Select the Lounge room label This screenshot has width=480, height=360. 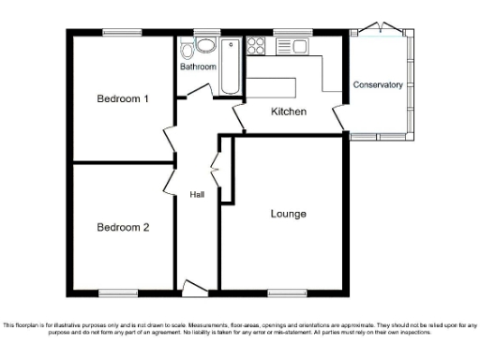coord(288,214)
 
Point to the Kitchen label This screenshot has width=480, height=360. coord(289,112)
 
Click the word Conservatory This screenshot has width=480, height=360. coord(378,85)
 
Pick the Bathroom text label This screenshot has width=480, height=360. coord(198,67)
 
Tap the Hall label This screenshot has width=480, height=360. coord(198,195)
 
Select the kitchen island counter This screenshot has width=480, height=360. coord(272,87)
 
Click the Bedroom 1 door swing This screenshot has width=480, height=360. coord(169,138)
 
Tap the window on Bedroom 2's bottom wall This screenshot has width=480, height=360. coord(120,294)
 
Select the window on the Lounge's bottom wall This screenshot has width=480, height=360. coord(285,294)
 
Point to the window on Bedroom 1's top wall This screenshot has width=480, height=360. coord(122,33)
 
